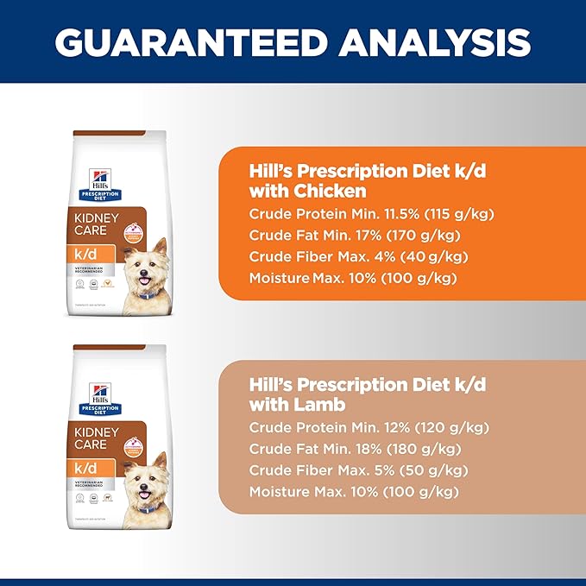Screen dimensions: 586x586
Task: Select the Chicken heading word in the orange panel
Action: tap(331, 190)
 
